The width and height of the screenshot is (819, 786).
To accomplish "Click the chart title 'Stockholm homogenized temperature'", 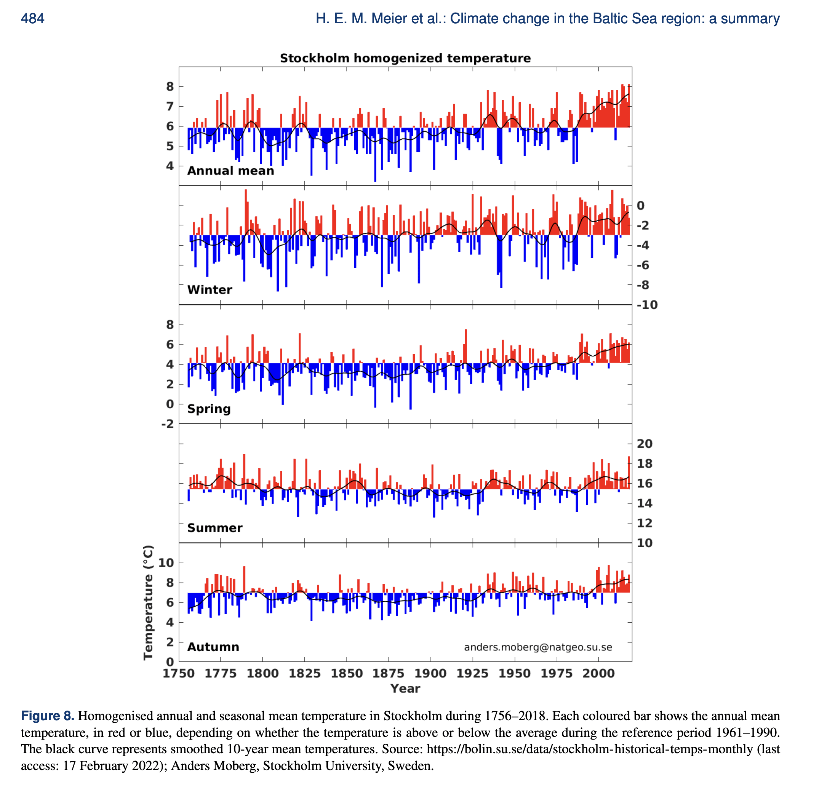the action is (x=405, y=58).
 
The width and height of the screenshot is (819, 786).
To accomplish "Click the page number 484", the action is (x=33, y=18).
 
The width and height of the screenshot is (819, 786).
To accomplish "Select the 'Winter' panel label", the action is (x=210, y=289).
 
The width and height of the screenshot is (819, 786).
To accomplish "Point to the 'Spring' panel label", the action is (x=208, y=409).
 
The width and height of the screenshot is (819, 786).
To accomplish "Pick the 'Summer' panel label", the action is (x=215, y=527).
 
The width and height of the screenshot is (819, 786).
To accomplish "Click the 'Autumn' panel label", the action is (x=213, y=647).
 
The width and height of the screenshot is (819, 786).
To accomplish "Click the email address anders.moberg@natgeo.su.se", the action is (x=538, y=647).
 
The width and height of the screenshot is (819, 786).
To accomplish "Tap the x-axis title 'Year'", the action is (x=405, y=688).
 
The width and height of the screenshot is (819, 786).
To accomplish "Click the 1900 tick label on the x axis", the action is (x=430, y=673).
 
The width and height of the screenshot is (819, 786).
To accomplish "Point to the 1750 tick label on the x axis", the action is (x=178, y=673).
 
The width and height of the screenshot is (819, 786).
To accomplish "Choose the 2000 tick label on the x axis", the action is (x=598, y=673).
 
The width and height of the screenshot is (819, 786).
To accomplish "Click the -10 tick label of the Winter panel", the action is (x=647, y=305).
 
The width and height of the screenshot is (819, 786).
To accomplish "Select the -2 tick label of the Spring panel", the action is (x=167, y=424).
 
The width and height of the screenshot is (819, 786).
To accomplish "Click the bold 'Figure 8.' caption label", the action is (x=48, y=716).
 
